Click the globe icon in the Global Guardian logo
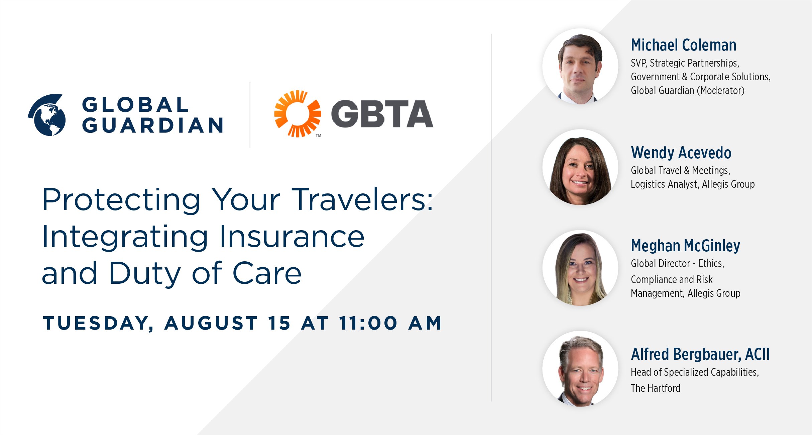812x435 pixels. pos(47,115)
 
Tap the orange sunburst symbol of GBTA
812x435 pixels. pos(298,113)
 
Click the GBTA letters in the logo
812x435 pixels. pos(382,114)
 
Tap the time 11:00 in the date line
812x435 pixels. pos(368,323)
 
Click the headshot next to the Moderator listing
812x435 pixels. pos(580,66)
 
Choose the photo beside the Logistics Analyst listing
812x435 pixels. pos(580,167)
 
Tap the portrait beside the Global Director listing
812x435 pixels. pos(580,268)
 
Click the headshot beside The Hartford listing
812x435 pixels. pos(580,369)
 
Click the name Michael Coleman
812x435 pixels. pos(684,45)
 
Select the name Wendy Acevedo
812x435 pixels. pos(681,153)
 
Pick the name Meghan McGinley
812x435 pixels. pos(685,246)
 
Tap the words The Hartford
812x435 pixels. pos(656,388)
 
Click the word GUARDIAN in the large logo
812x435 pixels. pos(153,125)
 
